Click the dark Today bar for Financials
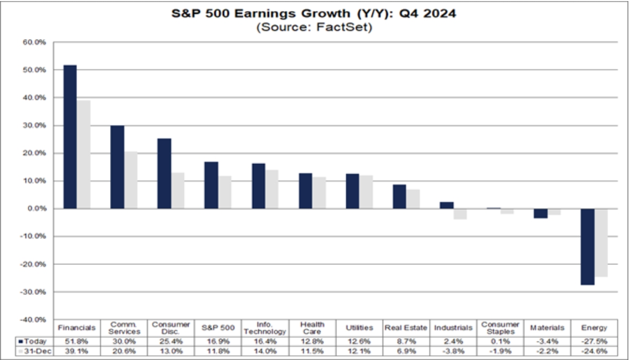coord(70,137)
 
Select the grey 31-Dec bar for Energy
coord(601,242)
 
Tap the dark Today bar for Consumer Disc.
coord(165,174)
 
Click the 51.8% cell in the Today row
coord(77,341)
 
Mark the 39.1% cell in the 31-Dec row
coord(77,351)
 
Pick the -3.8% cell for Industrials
coord(453,351)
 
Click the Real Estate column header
coord(406,327)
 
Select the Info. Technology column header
coord(265,327)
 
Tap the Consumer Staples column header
coord(500,327)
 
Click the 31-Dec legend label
coord(35,351)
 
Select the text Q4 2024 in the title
coord(434,14)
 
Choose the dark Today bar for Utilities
coord(353,191)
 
